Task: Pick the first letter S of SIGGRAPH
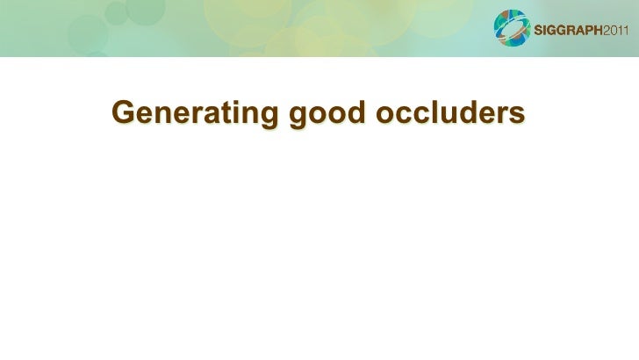539,32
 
